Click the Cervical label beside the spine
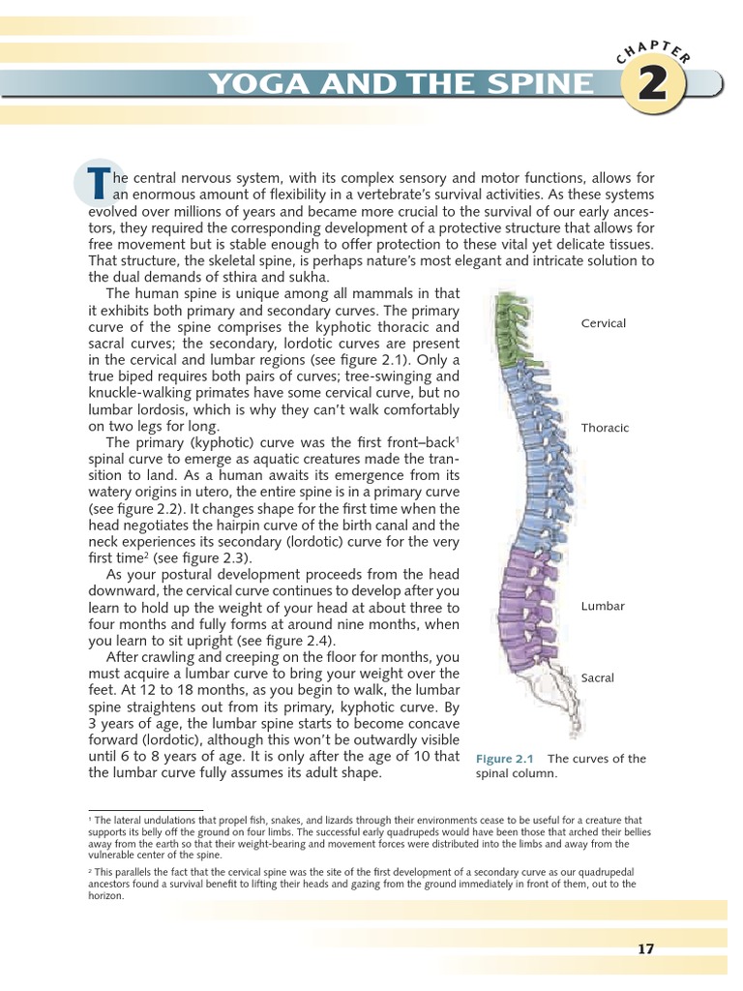(x=603, y=323)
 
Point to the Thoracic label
(x=605, y=428)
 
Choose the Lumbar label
(x=603, y=606)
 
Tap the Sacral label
(x=598, y=678)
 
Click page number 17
(x=646, y=949)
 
